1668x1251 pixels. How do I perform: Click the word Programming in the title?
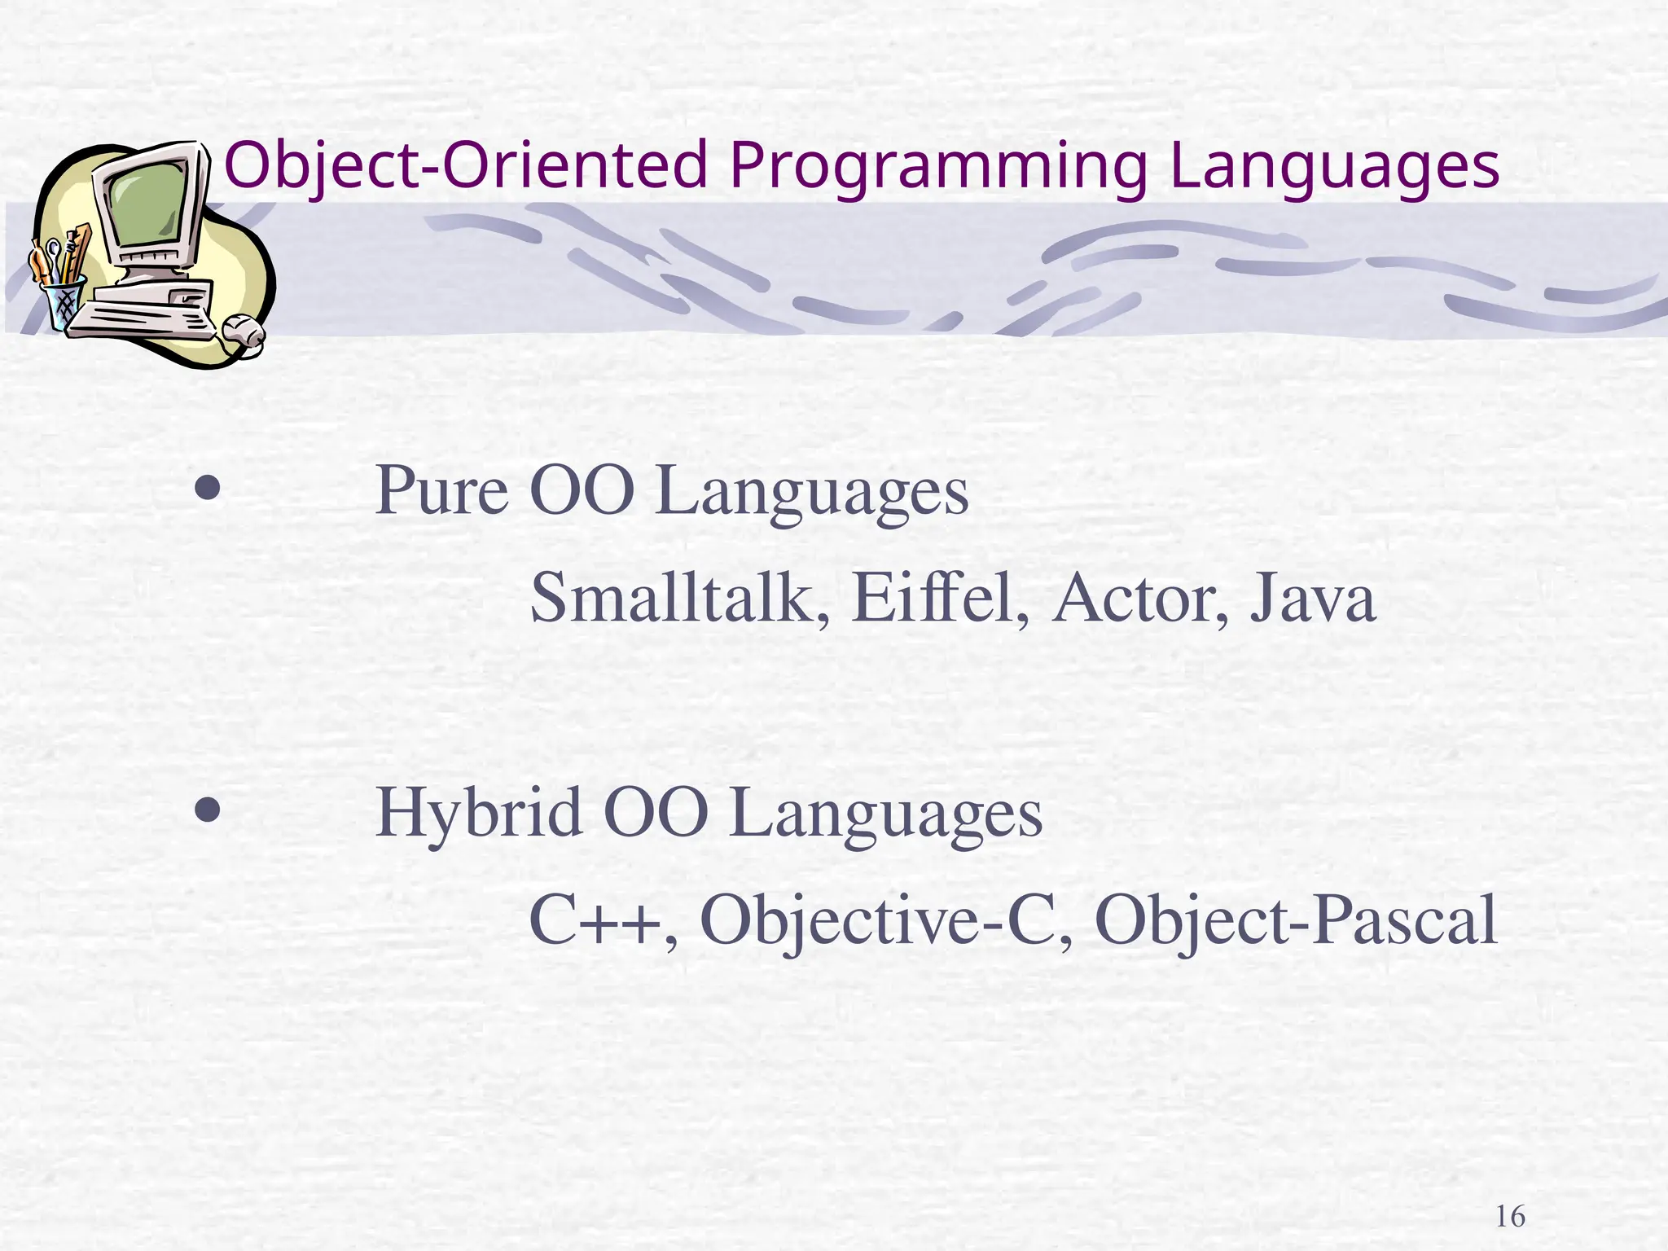coord(937,167)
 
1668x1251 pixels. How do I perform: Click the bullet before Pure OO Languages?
coord(208,489)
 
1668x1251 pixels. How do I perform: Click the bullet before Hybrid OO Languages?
coord(208,810)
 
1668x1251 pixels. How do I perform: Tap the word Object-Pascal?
coord(1296,920)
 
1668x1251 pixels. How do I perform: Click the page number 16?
coord(1511,1217)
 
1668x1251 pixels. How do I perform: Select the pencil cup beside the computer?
coord(64,301)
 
